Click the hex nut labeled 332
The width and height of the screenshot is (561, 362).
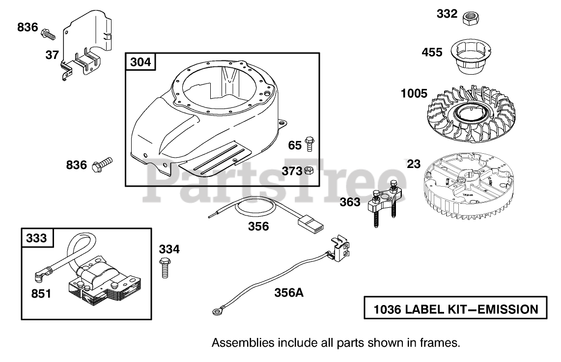(x=472, y=17)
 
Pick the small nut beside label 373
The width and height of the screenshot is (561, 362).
(x=309, y=170)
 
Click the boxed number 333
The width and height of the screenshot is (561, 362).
(x=37, y=238)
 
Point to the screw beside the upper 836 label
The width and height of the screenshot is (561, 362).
(x=48, y=33)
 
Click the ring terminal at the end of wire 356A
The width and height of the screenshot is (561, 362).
(x=215, y=310)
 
